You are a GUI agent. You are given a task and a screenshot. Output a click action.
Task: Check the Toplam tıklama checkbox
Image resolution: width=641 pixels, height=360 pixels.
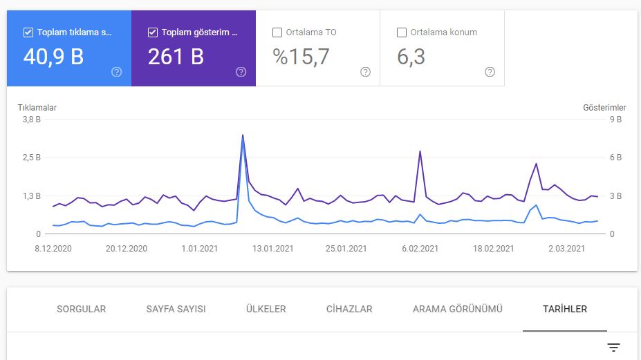(x=28, y=32)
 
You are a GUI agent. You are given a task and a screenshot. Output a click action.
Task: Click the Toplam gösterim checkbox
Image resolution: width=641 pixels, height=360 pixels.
(x=153, y=32)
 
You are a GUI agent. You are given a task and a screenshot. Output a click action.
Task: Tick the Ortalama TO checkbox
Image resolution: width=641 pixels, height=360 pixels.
(x=277, y=32)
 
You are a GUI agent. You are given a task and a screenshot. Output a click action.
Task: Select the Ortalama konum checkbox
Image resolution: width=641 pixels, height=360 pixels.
(x=402, y=32)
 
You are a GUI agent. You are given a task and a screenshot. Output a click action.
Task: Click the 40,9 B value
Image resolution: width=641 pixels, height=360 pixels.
(x=53, y=57)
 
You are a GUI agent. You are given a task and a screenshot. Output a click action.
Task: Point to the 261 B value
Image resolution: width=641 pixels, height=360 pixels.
(x=176, y=57)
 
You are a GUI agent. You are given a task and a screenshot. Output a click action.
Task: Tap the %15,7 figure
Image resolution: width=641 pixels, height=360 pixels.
(x=301, y=57)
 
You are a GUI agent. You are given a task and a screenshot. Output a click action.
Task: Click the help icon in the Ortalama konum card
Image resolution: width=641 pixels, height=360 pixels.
(x=490, y=72)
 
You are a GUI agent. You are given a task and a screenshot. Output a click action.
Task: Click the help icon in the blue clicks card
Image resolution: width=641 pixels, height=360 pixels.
(x=116, y=72)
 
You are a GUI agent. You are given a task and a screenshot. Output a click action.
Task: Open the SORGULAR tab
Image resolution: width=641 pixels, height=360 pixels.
(x=82, y=310)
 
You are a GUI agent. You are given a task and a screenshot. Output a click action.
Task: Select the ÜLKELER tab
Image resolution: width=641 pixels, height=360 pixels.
(x=266, y=310)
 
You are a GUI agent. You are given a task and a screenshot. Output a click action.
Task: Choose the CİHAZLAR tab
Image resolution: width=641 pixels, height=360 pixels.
(x=349, y=310)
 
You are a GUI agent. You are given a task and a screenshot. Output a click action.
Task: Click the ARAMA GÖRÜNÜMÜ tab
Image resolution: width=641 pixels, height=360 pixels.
(x=458, y=310)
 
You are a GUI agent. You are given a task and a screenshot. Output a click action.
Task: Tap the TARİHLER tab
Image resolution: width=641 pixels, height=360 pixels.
(x=565, y=310)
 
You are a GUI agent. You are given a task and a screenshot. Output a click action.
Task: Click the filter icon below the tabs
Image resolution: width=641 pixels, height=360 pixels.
(x=613, y=348)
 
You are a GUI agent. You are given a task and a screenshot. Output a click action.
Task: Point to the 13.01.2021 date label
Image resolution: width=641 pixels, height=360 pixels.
(x=272, y=249)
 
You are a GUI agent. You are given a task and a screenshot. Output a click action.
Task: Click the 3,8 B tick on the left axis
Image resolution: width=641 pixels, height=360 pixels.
(x=32, y=120)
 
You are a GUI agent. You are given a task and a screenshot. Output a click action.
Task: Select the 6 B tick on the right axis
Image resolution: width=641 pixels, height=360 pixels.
(x=615, y=158)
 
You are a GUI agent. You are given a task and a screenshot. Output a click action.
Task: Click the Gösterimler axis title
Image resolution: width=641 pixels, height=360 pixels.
(x=604, y=108)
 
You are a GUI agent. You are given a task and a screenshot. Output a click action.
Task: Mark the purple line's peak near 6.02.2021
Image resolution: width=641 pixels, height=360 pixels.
(x=420, y=151)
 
